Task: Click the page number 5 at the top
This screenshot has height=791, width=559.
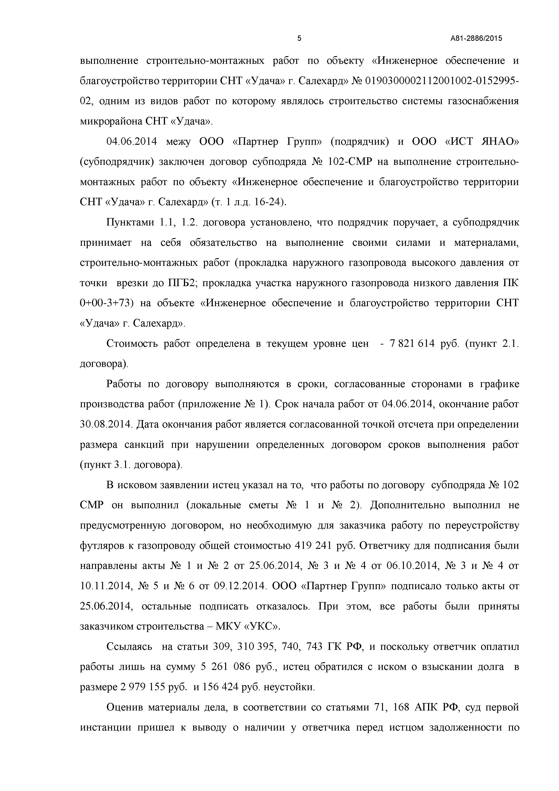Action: pyautogui.click(x=299, y=38)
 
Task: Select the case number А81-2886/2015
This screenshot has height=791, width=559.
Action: pyautogui.click(x=476, y=39)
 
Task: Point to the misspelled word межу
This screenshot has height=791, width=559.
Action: pyautogui.click(x=178, y=142)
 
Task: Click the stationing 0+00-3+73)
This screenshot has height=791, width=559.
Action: pyautogui.click(x=106, y=303)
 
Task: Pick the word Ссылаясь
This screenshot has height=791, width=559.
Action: pyautogui.click(x=129, y=647)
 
